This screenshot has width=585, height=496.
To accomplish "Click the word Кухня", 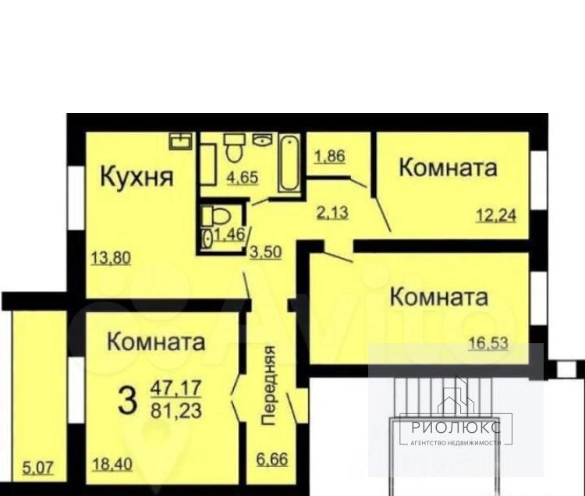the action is click(x=136, y=177).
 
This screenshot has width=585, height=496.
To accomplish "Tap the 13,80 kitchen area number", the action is click(x=112, y=257).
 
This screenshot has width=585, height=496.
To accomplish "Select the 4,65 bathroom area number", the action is click(x=243, y=177).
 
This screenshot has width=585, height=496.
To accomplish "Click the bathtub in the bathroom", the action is click(x=289, y=164).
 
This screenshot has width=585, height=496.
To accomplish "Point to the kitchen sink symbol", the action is click(x=181, y=141).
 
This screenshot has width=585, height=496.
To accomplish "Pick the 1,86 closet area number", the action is click(x=330, y=156).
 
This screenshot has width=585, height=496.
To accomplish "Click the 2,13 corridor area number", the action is click(x=333, y=213).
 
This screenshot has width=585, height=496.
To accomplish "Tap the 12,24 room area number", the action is click(x=496, y=214).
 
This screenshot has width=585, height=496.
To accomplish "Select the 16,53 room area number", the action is click(x=488, y=343).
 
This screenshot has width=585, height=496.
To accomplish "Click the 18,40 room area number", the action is click(x=112, y=464).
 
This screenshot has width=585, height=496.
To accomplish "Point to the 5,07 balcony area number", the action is click(x=38, y=467).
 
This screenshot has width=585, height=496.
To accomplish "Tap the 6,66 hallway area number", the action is click(x=272, y=459).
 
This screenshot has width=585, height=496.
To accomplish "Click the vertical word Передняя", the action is click(x=268, y=385).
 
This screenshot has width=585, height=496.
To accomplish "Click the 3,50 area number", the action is click(x=265, y=252).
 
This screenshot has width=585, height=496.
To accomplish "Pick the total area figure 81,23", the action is click(x=176, y=410).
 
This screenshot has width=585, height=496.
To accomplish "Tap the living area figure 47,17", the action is click(x=176, y=387).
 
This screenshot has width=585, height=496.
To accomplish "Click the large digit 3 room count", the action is click(x=127, y=400).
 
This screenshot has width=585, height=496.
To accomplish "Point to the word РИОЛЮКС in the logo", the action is click(x=456, y=427).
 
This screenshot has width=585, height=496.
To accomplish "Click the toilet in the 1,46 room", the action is click(x=215, y=216).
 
